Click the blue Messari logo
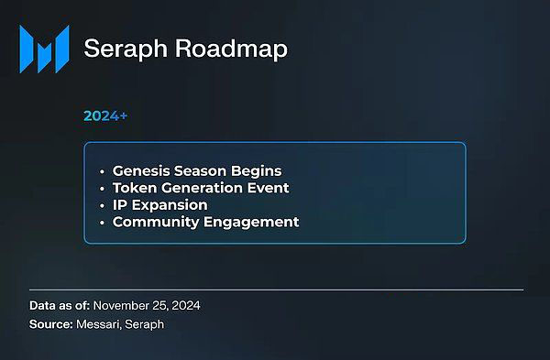click(x=44, y=49)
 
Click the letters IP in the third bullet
click(x=120, y=204)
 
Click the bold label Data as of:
click(x=59, y=306)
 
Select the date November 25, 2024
click(x=148, y=306)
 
